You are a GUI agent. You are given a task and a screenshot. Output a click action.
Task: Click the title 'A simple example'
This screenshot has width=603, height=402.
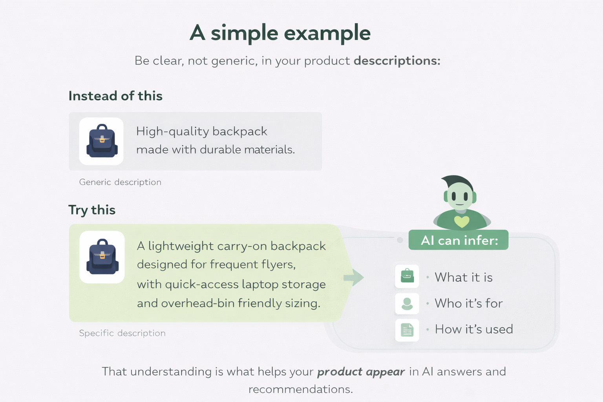click(280, 33)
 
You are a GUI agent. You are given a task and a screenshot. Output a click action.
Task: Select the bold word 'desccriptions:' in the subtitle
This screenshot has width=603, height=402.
click(397, 61)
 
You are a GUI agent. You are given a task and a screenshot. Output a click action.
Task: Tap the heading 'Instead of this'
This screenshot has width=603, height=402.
click(115, 96)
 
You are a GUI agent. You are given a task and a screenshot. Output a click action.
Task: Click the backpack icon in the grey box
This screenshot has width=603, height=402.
click(102, 141)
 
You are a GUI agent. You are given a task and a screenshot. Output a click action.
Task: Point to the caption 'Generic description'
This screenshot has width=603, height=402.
click(120, 182)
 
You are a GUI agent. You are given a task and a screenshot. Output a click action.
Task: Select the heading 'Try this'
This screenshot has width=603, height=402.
click(92, 210)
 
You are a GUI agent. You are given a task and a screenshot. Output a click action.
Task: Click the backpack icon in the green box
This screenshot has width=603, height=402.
click(102, 257)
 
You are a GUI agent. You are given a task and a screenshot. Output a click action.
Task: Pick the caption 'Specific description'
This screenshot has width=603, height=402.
click(122, 333)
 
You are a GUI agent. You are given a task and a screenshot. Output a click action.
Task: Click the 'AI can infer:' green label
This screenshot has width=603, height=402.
click(459, 240)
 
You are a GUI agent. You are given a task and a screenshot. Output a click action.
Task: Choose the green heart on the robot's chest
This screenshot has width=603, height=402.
click(462, 222)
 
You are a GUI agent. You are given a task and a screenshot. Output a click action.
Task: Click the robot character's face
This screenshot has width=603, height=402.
click(460, 196)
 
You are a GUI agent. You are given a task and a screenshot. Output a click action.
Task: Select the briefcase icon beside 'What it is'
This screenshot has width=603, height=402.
click(407, 276)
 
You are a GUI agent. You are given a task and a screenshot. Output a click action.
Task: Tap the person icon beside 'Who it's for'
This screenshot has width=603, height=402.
click(407, 303)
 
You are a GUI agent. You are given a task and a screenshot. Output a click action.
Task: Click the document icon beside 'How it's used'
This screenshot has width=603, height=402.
click(407, 330)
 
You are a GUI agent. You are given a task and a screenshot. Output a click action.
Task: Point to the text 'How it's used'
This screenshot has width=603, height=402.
click(474, 329)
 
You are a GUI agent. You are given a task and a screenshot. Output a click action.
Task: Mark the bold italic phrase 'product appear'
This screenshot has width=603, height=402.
click(361, 372)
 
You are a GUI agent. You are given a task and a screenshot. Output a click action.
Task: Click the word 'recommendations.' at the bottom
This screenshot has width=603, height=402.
click(301, 389)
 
